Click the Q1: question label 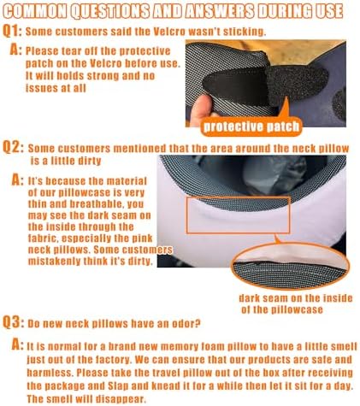(13, 29)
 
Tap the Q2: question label (13, 148)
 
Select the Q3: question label (13, 325)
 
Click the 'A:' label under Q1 (15, 50)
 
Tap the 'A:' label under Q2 (15, 181)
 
